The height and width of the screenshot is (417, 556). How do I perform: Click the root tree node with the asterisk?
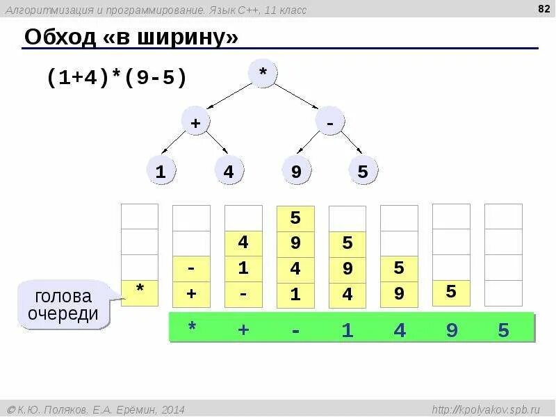tap(263, 74)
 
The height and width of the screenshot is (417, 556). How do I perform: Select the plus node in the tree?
tap(195, 122)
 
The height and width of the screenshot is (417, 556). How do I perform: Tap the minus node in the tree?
tap(330, 122)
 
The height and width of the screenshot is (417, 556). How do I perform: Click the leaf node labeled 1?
tap(161, 171)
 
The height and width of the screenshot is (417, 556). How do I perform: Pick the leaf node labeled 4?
tap(229, 171)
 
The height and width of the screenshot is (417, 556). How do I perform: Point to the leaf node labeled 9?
tap(296, 171)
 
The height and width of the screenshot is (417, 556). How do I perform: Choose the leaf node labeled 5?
tap(363, 171)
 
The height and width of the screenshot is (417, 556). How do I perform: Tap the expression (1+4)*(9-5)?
tap(117, 77)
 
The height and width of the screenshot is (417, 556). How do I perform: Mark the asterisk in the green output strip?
tap(192, 329)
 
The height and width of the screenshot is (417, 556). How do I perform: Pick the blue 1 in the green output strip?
tap(347, 329)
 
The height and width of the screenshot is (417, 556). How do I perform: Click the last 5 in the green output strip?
tap(503, 329)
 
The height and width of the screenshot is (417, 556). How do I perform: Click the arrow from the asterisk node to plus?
tap(230, 95)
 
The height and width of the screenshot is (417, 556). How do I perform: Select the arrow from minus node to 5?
tap(350, 142)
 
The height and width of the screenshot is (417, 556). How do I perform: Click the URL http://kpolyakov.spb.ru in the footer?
tap(485, 409)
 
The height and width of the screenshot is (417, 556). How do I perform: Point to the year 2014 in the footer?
tap(172, 409)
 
